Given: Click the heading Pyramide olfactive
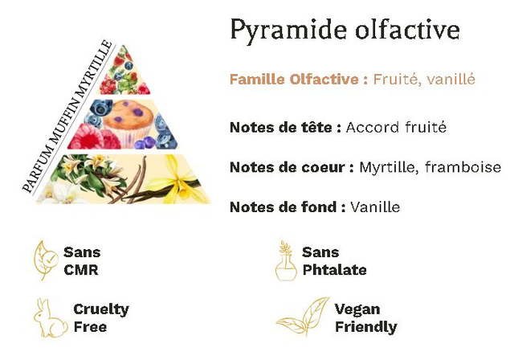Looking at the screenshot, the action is point(345,31).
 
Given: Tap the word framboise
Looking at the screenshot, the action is point(463,167).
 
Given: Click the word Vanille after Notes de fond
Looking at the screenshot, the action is point(375,207).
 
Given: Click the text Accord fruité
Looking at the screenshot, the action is point(396,127).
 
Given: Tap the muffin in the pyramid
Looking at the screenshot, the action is point(129,123).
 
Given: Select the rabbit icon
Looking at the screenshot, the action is point(50,318).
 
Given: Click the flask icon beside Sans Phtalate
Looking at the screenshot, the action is point(286,261).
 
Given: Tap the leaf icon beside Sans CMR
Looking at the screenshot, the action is point(45,260).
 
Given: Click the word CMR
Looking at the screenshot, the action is point(81,270).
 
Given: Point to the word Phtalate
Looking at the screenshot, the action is point(334,270).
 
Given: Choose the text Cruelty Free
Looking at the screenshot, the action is point(101,318).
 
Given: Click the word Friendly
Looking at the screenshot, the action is point(366,327).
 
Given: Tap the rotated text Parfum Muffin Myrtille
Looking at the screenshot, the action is point(67,116).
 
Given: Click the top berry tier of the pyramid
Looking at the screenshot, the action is point(125,71).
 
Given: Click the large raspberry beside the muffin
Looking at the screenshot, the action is point(85,137).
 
